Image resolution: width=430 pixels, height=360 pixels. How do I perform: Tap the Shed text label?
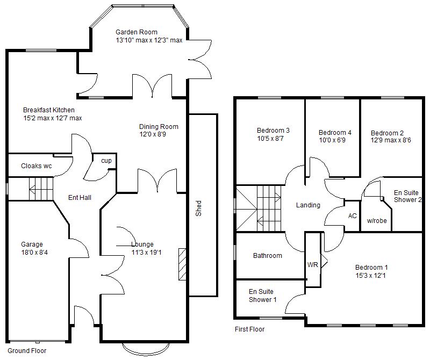(x=198, y=208)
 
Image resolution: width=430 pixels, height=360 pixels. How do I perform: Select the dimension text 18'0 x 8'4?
(x=34, y=252)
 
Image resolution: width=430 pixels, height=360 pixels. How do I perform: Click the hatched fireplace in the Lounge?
(x=183, y=265)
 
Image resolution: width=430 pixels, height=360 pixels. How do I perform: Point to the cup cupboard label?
(x=106, y=161)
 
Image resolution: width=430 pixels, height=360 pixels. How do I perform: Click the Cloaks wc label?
(x=37, y=166)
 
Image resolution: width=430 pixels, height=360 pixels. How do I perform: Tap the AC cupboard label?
(x=353, y=215)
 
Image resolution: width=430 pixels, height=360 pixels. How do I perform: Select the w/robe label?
(x=377, y=221)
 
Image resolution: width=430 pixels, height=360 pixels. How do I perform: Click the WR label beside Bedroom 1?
(x=313, y=265)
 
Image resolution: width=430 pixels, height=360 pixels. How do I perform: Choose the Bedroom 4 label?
(x=335, y=133)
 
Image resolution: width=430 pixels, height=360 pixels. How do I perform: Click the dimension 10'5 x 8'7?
(x=273, y=138)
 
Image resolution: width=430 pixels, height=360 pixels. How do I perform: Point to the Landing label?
(x=308, y=205)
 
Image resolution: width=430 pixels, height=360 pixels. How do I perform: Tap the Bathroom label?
(x=268, y=256)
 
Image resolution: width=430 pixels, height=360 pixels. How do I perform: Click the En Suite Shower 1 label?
(x=262, y=296)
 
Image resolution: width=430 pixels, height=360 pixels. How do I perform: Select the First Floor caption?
(x=249, y=329)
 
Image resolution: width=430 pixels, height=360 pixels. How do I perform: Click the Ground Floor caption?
(x=27, y=350)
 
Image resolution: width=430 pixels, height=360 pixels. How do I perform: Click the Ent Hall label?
(x=80, y=198)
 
